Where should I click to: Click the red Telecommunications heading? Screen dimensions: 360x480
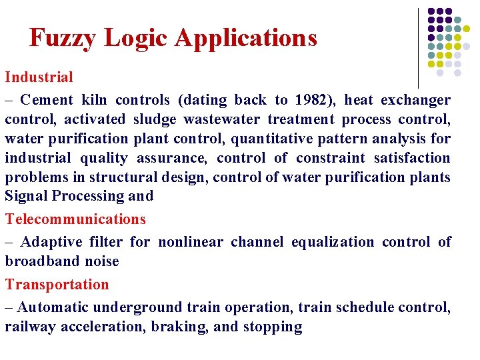(75, 219)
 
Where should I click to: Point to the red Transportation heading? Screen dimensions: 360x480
(57, 284)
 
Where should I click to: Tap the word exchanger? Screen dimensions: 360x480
(416, 100)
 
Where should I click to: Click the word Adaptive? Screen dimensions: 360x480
(48, 241)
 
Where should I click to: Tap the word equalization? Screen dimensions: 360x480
(333, 241)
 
